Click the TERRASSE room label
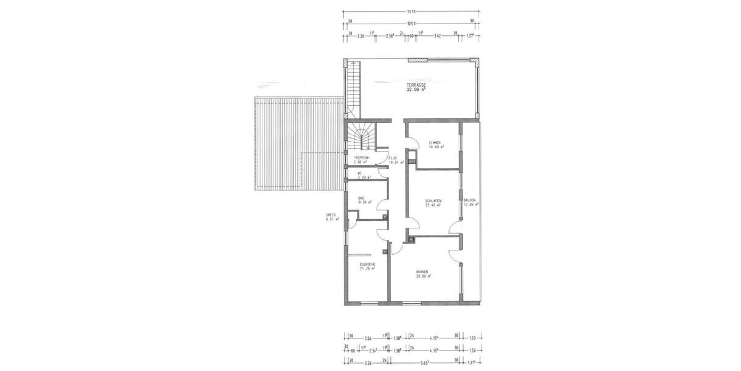coord(417,84)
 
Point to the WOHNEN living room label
coord(423,271)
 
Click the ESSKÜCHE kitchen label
coord(368,264)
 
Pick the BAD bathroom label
coord(361,198)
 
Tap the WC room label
coord(359,173)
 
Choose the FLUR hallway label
coord(392,158)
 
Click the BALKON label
coord(469,200)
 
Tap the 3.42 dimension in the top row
coord(437,36)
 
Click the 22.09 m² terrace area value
coord(417,89)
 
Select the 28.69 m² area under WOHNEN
coord(423,276)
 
